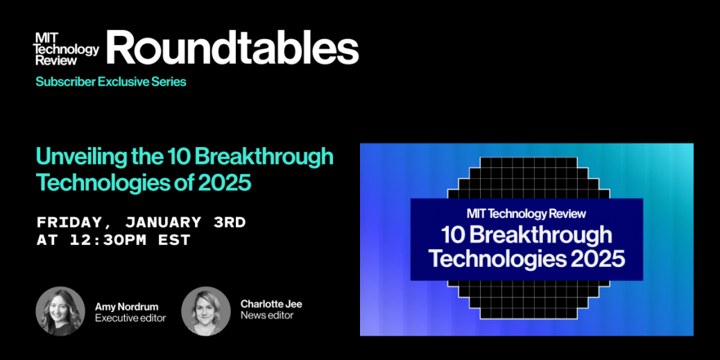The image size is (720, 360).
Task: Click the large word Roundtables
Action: tap(233, 48)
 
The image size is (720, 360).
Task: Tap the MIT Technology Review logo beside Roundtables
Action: tap(67, 49)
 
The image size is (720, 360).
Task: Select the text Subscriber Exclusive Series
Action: tap(111, 82)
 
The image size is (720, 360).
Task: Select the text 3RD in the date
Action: tap(229, 223)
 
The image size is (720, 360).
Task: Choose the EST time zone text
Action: tap(175, 240)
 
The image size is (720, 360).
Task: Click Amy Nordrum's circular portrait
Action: tap(60, 311)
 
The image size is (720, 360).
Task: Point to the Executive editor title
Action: tap(130, 318)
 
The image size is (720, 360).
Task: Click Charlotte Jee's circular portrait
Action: tap(206, 311)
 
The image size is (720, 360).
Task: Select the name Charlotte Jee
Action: tap(271, 305)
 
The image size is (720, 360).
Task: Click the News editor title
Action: tap(267, 316)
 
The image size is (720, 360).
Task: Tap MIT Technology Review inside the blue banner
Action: tap(526, 214)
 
